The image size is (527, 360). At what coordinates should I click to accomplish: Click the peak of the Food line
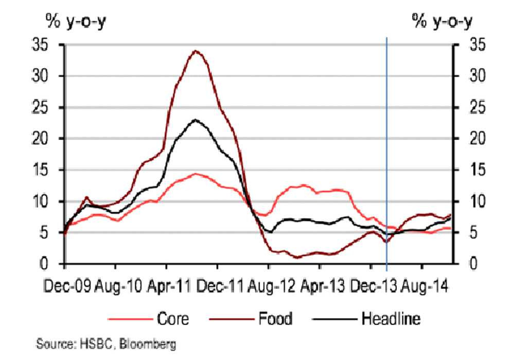pos(195,50)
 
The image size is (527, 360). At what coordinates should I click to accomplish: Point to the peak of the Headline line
pos(195,120)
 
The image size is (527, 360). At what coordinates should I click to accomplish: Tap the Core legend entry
pos(172,319)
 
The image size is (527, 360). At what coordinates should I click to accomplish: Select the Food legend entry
pos(275,319)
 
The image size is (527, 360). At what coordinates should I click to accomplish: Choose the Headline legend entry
pos(391,319)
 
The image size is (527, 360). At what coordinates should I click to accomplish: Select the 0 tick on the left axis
pos(52,264)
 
